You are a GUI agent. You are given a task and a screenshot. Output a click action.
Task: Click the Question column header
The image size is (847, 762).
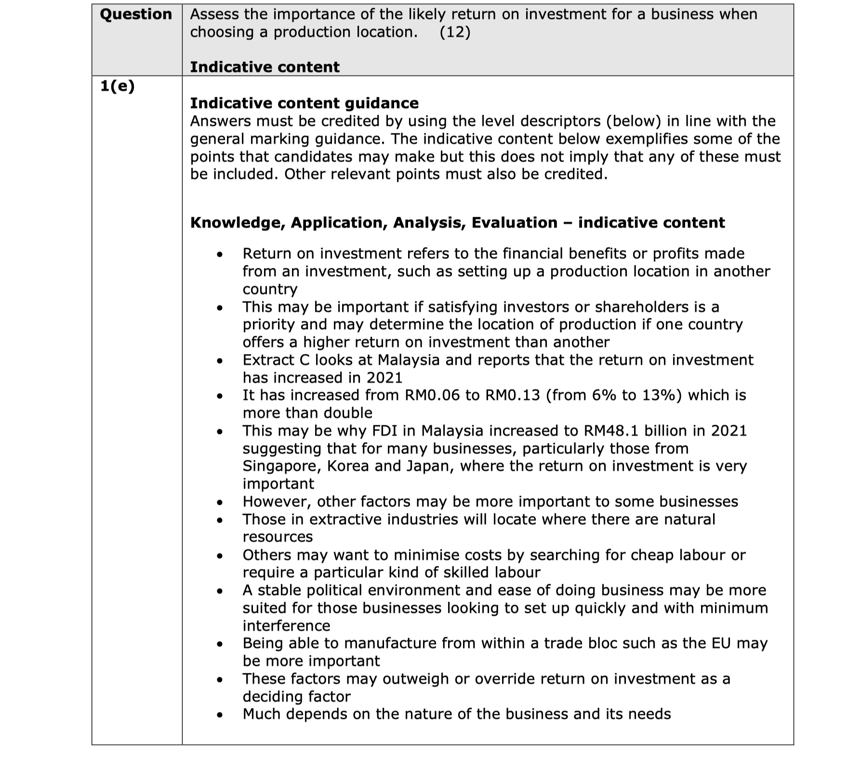pyautogui.click(x=136, y=14)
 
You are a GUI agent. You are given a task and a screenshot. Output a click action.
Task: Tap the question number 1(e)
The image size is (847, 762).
pyautogui.click(x=117, y=86)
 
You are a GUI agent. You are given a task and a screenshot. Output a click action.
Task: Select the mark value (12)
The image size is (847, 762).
pyautogui.click(x=455, y=32)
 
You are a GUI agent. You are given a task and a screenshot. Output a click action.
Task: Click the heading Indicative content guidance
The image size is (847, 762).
pyautogui.click(x=304, y=103)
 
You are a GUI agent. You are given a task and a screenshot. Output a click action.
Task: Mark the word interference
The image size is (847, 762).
pyautogui.click(x=286, y=626)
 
